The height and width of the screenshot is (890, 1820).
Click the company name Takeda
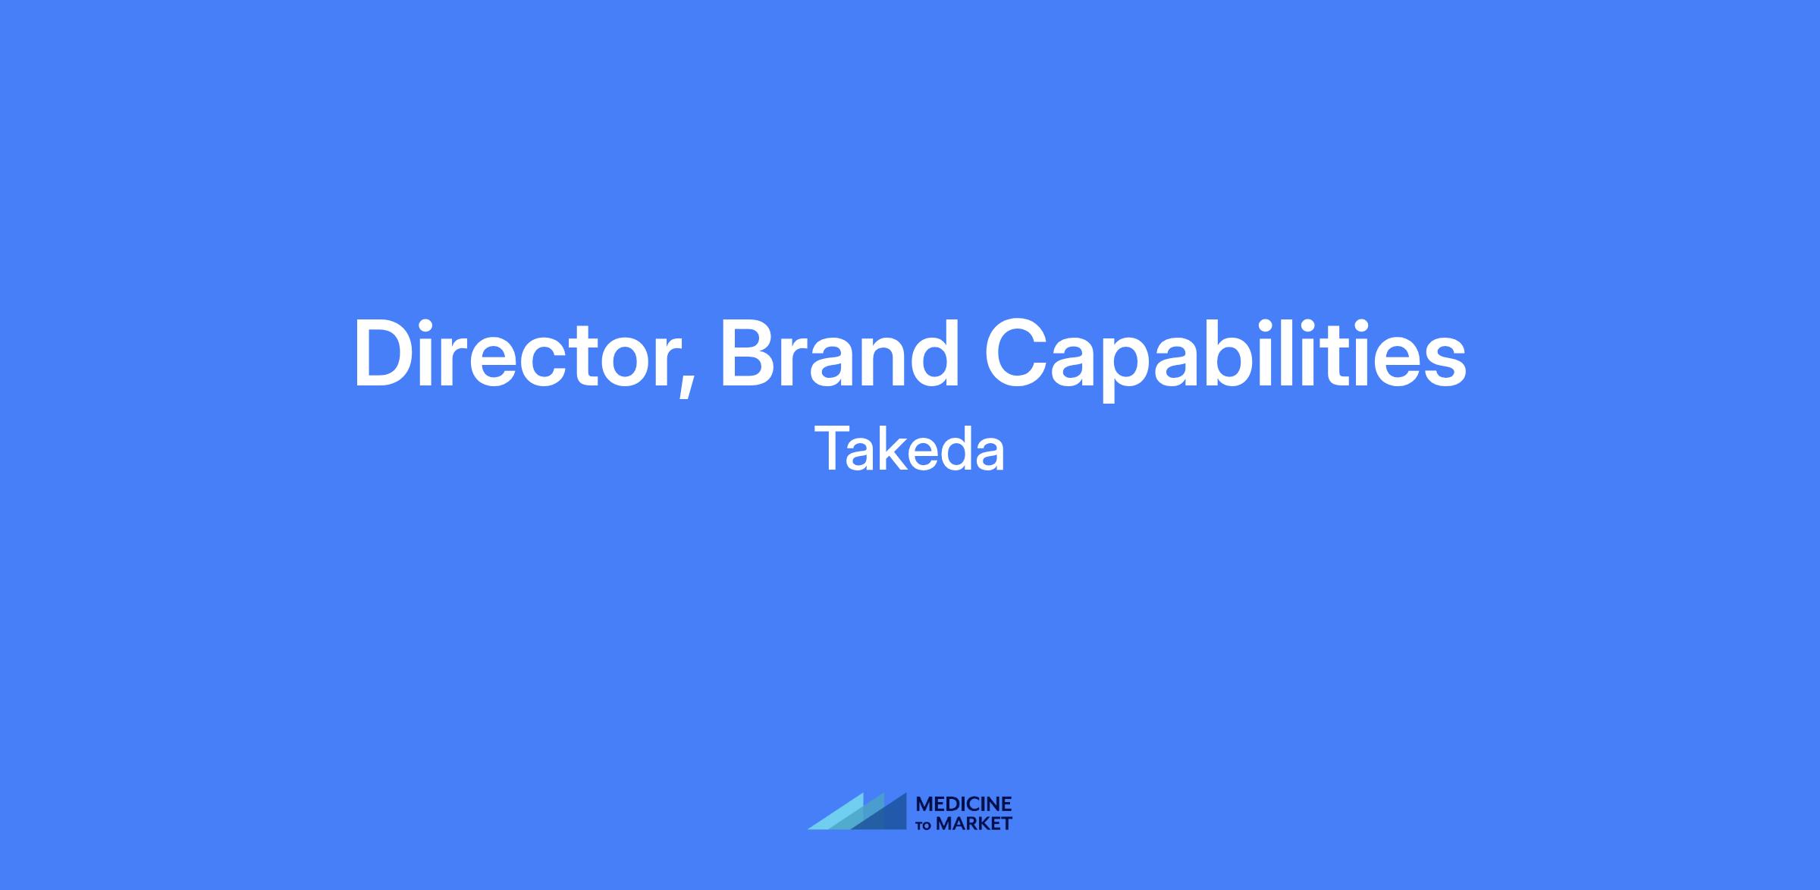pyautogui.click(x=910, y=449)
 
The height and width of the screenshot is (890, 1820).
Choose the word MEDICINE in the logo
pyautogui.click(x=964, y=804)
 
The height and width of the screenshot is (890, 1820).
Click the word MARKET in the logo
pyautogui.click(x=974, y=823)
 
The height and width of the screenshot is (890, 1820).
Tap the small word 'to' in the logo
pyautogui.click(x=924, y=826)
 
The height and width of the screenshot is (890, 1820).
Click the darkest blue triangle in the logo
pyautogui.click(x=887, y=816)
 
